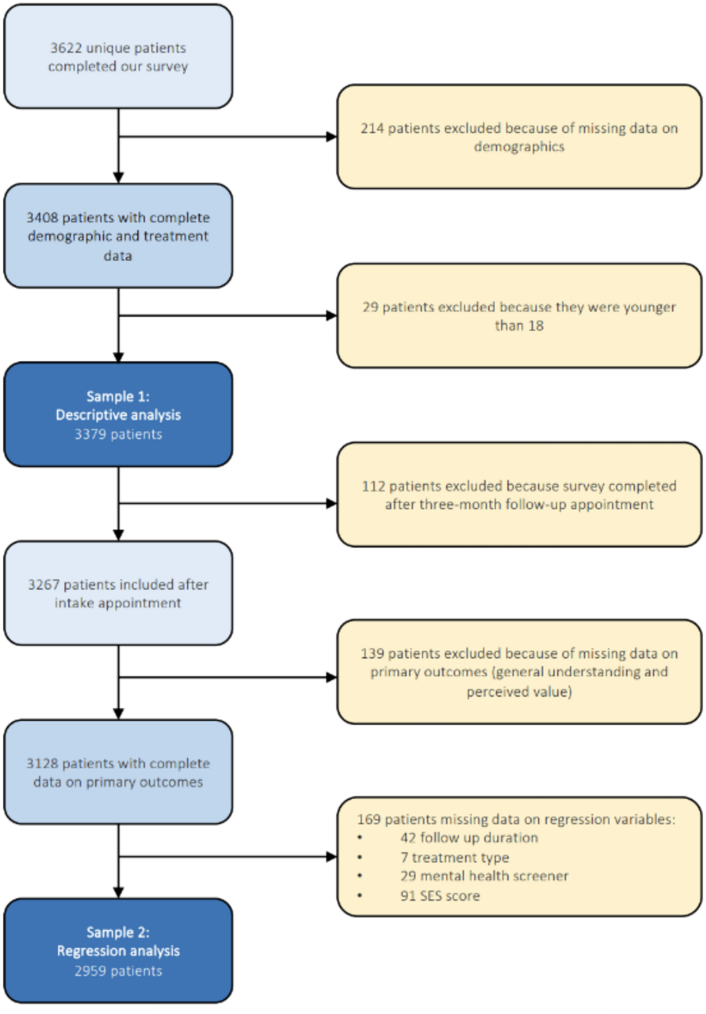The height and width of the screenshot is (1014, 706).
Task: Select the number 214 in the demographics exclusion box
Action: (372, 128)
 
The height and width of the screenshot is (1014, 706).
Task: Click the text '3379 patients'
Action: (118, 434)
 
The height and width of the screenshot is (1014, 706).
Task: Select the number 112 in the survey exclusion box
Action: (373, 486)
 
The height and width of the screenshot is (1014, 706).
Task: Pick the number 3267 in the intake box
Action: (44, 584)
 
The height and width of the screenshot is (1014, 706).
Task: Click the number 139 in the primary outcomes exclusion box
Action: (372, 653)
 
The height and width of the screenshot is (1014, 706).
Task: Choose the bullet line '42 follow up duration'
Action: (469, 838)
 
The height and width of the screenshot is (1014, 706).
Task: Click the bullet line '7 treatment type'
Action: (455, 857)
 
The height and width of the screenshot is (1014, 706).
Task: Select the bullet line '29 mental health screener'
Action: (484, 876)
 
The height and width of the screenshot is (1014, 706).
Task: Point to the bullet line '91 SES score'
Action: (440, 896)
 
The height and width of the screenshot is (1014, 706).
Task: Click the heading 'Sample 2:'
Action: (118, 932)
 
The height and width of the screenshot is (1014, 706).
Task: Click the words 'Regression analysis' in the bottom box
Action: (118, 951)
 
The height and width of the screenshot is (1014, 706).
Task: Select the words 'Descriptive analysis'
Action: (118, 415)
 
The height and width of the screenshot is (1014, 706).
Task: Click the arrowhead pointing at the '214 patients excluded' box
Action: (331, 136)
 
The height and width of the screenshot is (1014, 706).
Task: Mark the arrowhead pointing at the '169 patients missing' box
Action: (331, 857)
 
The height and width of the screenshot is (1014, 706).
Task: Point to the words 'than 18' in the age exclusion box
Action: (519, 325)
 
